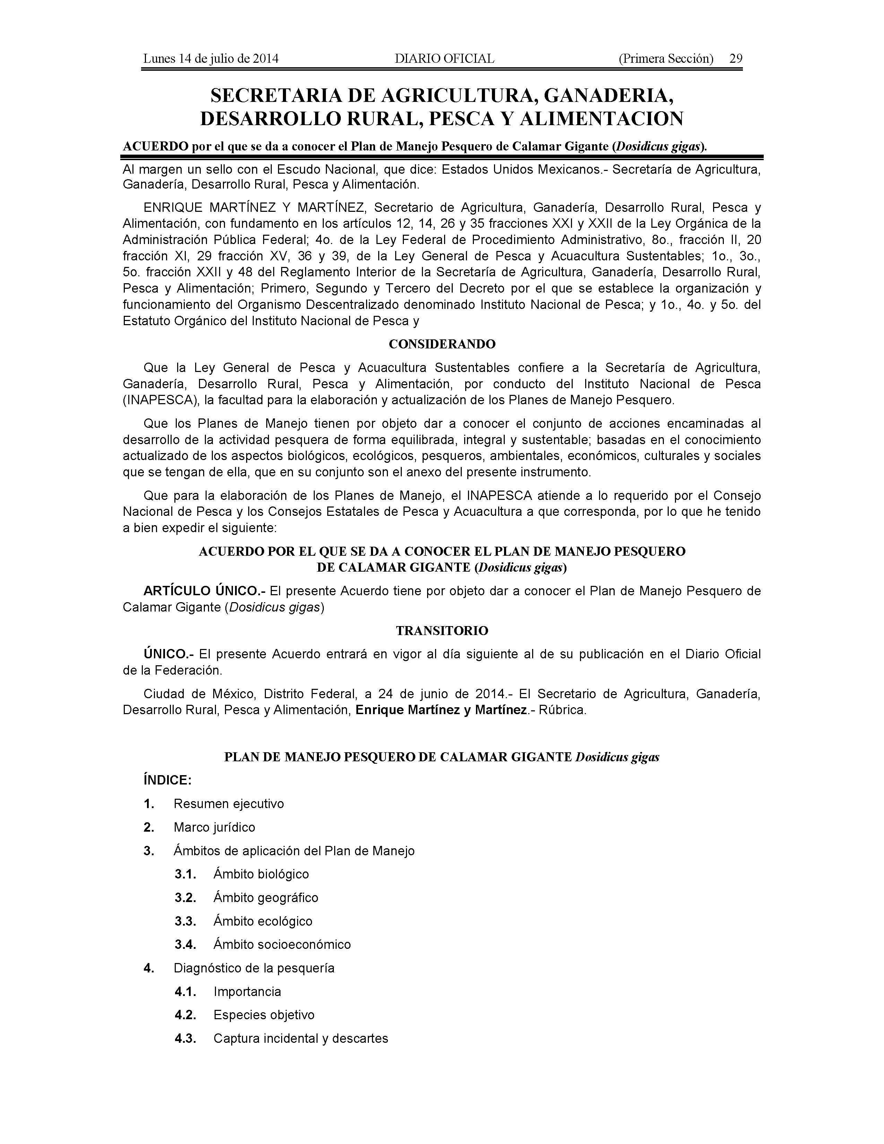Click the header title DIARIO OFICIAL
(444, 59)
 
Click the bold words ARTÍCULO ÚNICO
(204, 591)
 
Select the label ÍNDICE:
(167, 780)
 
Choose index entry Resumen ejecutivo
(229, 804)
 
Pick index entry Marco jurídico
(215, 827)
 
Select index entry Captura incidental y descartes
(301, 1038)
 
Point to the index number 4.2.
(185, 1015)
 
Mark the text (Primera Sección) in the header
(666, 59)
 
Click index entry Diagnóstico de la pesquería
(254, 968)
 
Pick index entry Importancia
(247, 991)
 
